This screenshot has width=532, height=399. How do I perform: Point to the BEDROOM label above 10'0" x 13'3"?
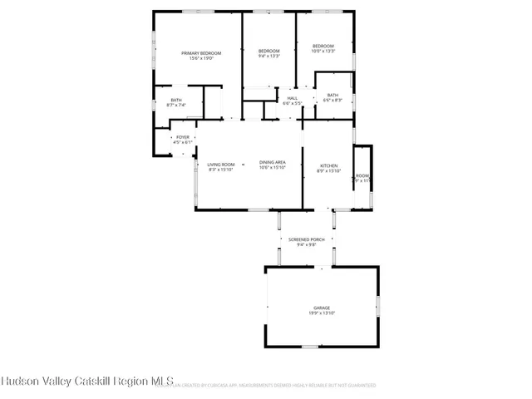point(323,46)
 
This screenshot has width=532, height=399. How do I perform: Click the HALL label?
point(293,98)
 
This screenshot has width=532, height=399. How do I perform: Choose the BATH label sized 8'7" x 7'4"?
point(176,100)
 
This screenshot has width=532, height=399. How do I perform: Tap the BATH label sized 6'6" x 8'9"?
point(332,96)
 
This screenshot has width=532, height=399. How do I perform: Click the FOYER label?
point(182,137)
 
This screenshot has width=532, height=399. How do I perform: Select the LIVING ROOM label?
point(221,164)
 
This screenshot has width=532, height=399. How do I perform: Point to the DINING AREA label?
point(273,162)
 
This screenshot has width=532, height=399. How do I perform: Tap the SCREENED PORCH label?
point(307,239)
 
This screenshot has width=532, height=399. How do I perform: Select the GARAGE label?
point(322,308)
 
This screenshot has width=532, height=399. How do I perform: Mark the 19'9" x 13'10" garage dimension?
point(322,313)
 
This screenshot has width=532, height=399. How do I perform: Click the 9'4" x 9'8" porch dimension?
point(307,245)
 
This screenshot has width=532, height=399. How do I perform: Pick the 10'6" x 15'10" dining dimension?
point(273,168)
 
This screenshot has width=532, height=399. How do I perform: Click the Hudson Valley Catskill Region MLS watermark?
point(76,382)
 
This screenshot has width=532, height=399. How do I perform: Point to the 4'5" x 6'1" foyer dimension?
point(182,143)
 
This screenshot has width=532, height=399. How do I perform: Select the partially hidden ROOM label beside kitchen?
point(362,176)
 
